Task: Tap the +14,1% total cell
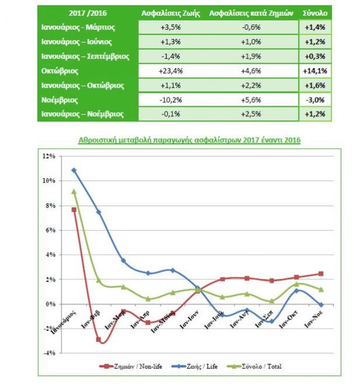pos(315,71)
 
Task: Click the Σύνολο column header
pos(314,12)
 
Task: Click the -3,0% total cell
pos(315,100)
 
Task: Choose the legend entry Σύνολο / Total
pos(261,367)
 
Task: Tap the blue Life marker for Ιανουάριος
pos(74,170)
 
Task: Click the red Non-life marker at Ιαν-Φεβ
pos(98,340)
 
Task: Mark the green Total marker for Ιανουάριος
pos(74,191)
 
